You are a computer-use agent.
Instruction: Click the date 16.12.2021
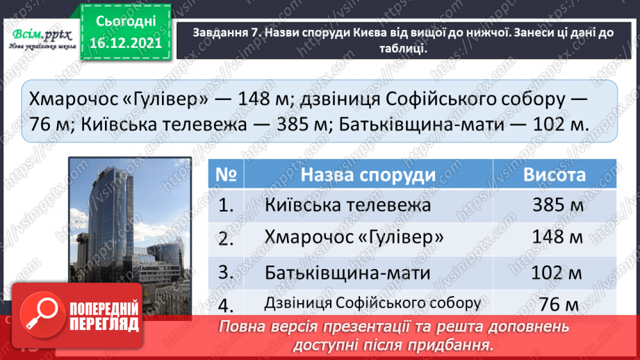tap(126, 43)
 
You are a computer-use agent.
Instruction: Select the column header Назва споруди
tap(368, 174)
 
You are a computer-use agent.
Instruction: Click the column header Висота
tap(554, 174)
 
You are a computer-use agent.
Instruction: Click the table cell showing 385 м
tap(556, 205)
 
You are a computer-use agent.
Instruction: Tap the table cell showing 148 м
tap(556, 238)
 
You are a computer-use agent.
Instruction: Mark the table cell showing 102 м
tap(556, 271)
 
